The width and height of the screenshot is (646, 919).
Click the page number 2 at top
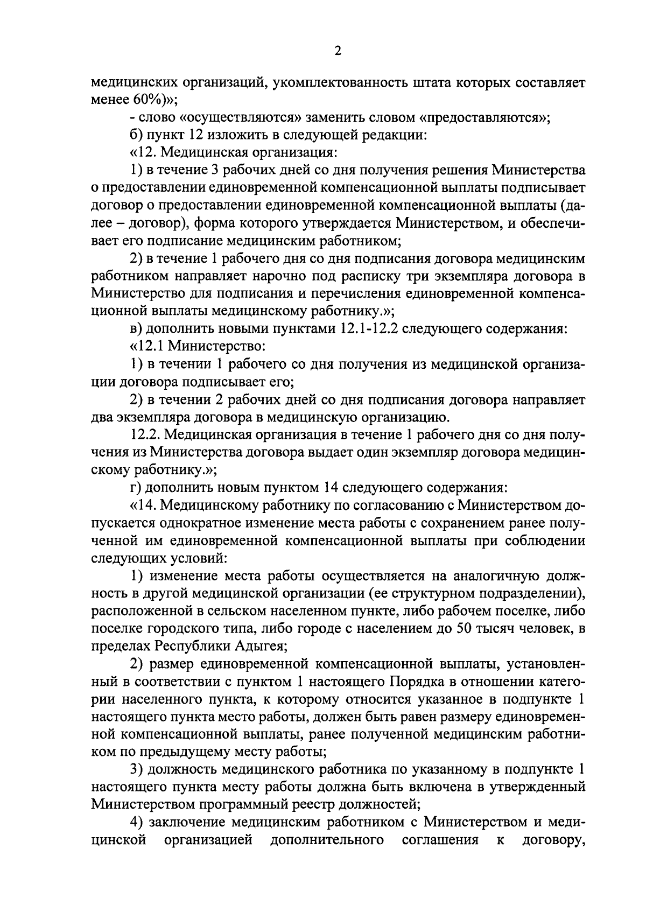click(x=338, y=51)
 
